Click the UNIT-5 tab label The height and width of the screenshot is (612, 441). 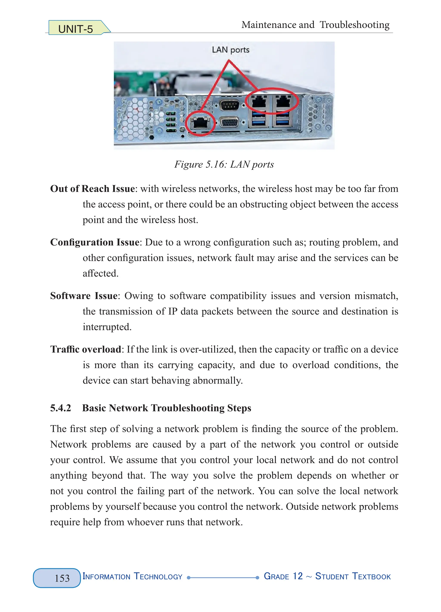pyautogui.click(x=76, y=29)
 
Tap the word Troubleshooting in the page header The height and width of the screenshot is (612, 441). pyautogui.click(x=354, y=25)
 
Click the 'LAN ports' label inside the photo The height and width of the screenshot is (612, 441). pyautogui.click(x=230, y=50)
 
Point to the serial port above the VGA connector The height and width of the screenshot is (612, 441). pyautogui.click(x=229, y=105)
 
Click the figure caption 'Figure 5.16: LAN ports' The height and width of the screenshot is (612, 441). pyautogui.click(x=224, y=164)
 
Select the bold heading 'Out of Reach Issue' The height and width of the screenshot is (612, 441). pyautogui.click(x=93, y=189)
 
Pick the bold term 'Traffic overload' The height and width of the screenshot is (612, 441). pyautogui.click(x=86, y=349)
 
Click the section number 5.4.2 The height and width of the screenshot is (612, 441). pyautogui.click(x=61, y=408)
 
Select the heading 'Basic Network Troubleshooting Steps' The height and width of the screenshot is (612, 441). pyautogui.click(x=166, y=408)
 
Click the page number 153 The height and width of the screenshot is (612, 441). pyautogui.click(x=62, y=578)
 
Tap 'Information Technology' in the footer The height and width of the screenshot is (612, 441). pyautogui.click(x=132, y=576)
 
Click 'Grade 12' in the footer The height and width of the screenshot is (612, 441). pyautogui.click(x=283, y=576)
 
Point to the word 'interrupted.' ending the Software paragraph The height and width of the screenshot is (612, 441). pyautogui.click(x=107, y=327)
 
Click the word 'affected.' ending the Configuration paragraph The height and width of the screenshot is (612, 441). pyautogui.click(x=101, y=273)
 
